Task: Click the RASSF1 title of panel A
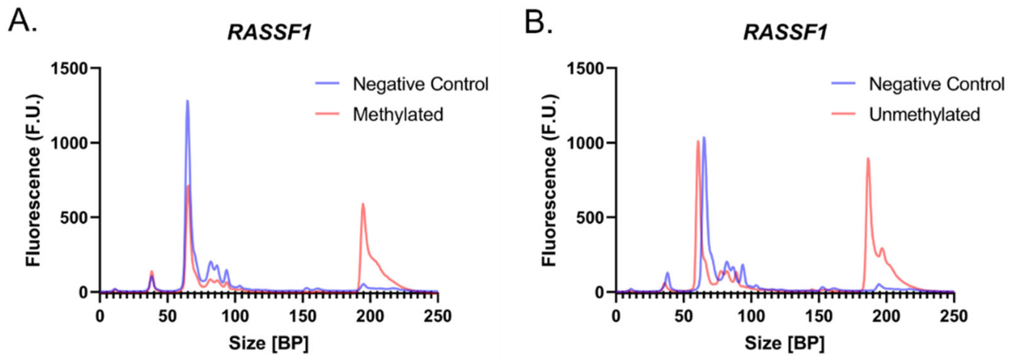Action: click(x=270, y=32)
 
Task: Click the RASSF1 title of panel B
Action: click(x=785, y=32)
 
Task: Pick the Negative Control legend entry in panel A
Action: click(x=420, y=84)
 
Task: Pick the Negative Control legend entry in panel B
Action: click(x=936, y=84)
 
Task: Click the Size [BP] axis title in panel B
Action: click(x=785, y=343)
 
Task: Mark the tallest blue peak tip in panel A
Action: click(x=188, y=101)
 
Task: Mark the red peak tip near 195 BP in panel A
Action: click(x=363, y=204)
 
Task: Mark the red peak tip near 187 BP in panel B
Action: click(x=868, y=158)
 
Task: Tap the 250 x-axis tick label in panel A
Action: click(x=437, y=317)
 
